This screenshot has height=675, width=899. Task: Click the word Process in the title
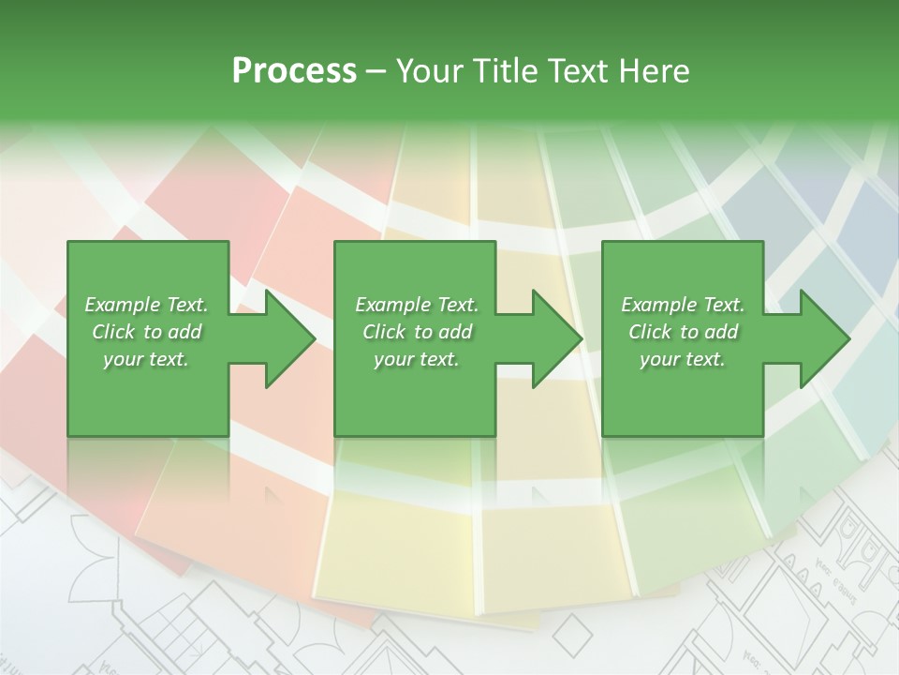[x=294, y=71]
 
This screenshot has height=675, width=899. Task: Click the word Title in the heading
[x=506, y=71]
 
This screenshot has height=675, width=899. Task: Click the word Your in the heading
[x=432, y=71]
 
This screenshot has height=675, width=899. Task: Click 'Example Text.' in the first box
[x=146, y=305]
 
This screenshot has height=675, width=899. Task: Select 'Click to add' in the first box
[x=146, y=332]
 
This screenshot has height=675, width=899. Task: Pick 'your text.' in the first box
[x=146, y=359]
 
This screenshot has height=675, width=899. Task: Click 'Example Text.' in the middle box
[x=417, y=305]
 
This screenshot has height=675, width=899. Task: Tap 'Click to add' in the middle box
[x=417, y=332]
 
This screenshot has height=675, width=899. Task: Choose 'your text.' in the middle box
[x=417, y=359]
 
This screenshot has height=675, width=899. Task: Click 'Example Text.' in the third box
[x=683, y=305]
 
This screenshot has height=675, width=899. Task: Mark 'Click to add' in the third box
[x=683, y=332]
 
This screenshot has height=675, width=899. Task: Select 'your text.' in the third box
[x=683, y=359]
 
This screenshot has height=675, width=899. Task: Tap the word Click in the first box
[x=114, y=332]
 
